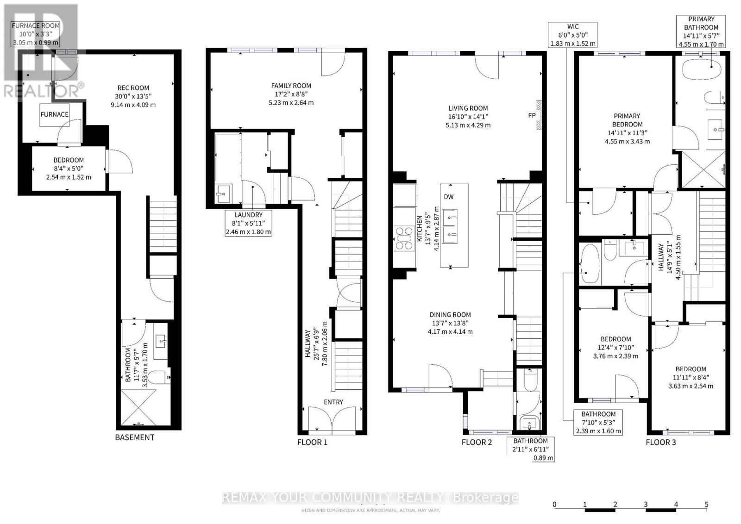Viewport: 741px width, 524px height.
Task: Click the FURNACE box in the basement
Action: pos(54,114)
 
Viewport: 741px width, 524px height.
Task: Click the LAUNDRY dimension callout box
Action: pos(248,223)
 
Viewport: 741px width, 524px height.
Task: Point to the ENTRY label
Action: pos(333,402)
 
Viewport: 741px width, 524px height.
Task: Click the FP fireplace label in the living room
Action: pos(532,115)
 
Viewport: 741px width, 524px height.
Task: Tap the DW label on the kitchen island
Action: pos(448,197)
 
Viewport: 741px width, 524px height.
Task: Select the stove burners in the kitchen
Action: pos(403,238)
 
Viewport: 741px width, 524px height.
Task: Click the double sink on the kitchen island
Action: pos(450,226)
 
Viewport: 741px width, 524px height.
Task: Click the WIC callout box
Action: pos(572,35)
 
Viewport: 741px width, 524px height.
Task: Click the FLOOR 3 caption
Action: pos(660,442)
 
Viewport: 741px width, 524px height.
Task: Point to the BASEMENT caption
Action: pos(134,437)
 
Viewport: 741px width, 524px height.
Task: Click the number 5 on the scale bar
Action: pos(706,504)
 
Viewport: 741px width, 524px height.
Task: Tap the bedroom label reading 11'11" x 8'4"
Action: pos(691,377)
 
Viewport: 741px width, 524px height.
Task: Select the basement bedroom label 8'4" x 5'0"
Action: pos(68,168)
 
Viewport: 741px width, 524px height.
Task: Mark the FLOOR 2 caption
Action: pos(477,442)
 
